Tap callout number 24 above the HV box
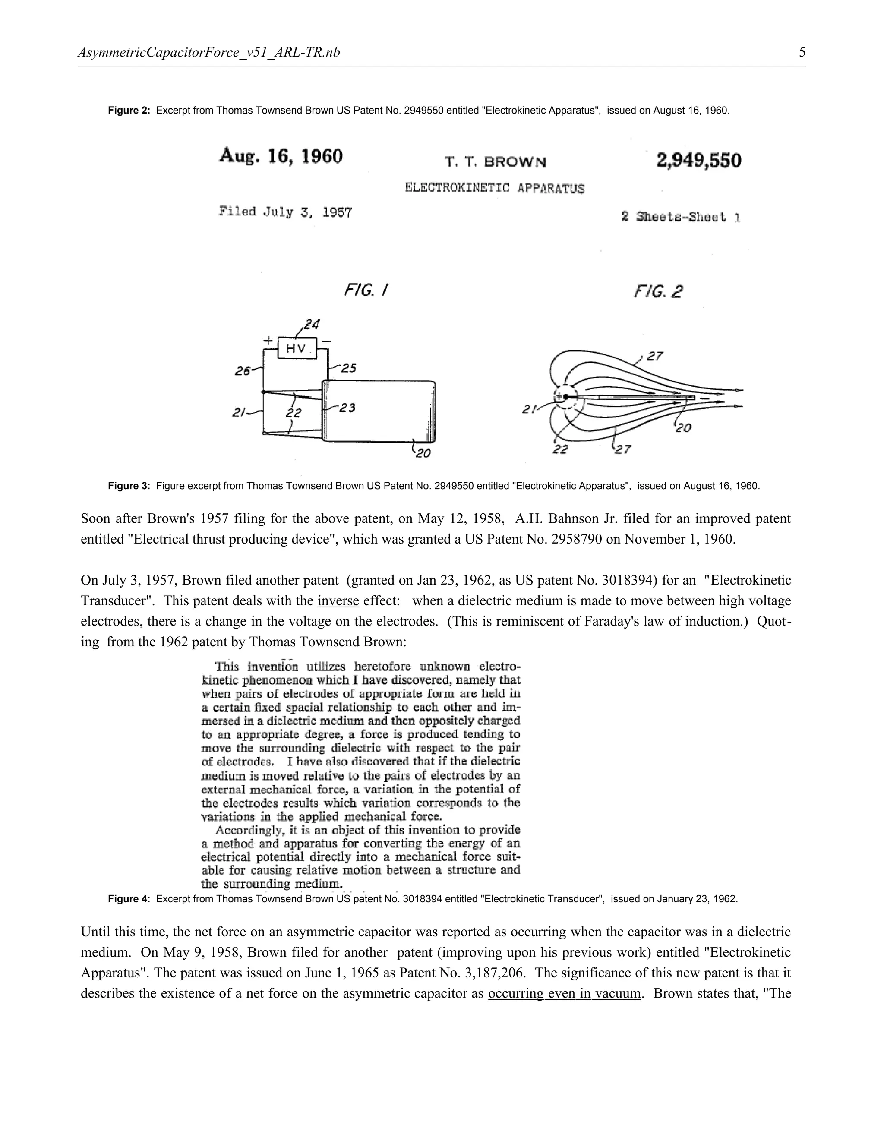point(312,324)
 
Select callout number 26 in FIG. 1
point(243,371)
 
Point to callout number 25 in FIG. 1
point(348,368)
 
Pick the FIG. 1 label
point(366,290)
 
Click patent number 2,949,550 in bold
point(699,160)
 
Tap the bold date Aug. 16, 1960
point(281,156)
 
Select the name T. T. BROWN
point(496,162)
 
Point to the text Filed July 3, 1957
point(285,212)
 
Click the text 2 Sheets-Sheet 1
point(680,216)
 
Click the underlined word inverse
point(338,601)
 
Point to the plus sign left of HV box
point(268,341)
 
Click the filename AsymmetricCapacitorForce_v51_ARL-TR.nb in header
point(209,52)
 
